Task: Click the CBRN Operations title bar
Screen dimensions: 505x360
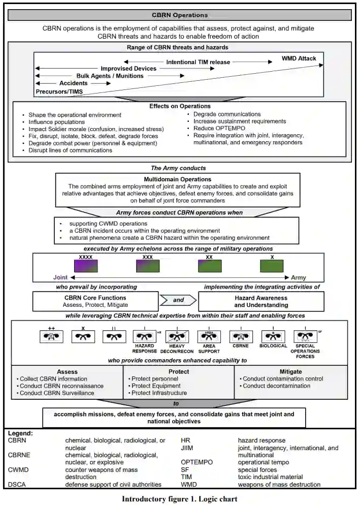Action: (x=180, y=15)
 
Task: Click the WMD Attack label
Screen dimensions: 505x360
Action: (x=299, y=58)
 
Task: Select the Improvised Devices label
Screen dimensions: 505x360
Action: (x=128, y=69)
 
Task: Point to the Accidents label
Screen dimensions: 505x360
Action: (x=74, y=83)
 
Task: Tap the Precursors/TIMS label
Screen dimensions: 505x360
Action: (x=59, y=91)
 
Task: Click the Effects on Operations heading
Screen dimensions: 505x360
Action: (x=180, y=106)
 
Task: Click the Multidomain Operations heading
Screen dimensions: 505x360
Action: (x=178, y=179)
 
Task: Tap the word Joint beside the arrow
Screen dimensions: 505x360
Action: (x=60, y=278)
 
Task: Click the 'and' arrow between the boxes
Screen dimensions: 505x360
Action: (x=179, y=300)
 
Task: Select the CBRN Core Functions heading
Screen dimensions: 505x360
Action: (x=94, y=298)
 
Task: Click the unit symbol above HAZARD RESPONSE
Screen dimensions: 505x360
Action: (x=145, y=336)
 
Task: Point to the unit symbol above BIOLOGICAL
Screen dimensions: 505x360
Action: (x=274, y=336)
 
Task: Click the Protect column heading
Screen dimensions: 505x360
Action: (x=179, y=371)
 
